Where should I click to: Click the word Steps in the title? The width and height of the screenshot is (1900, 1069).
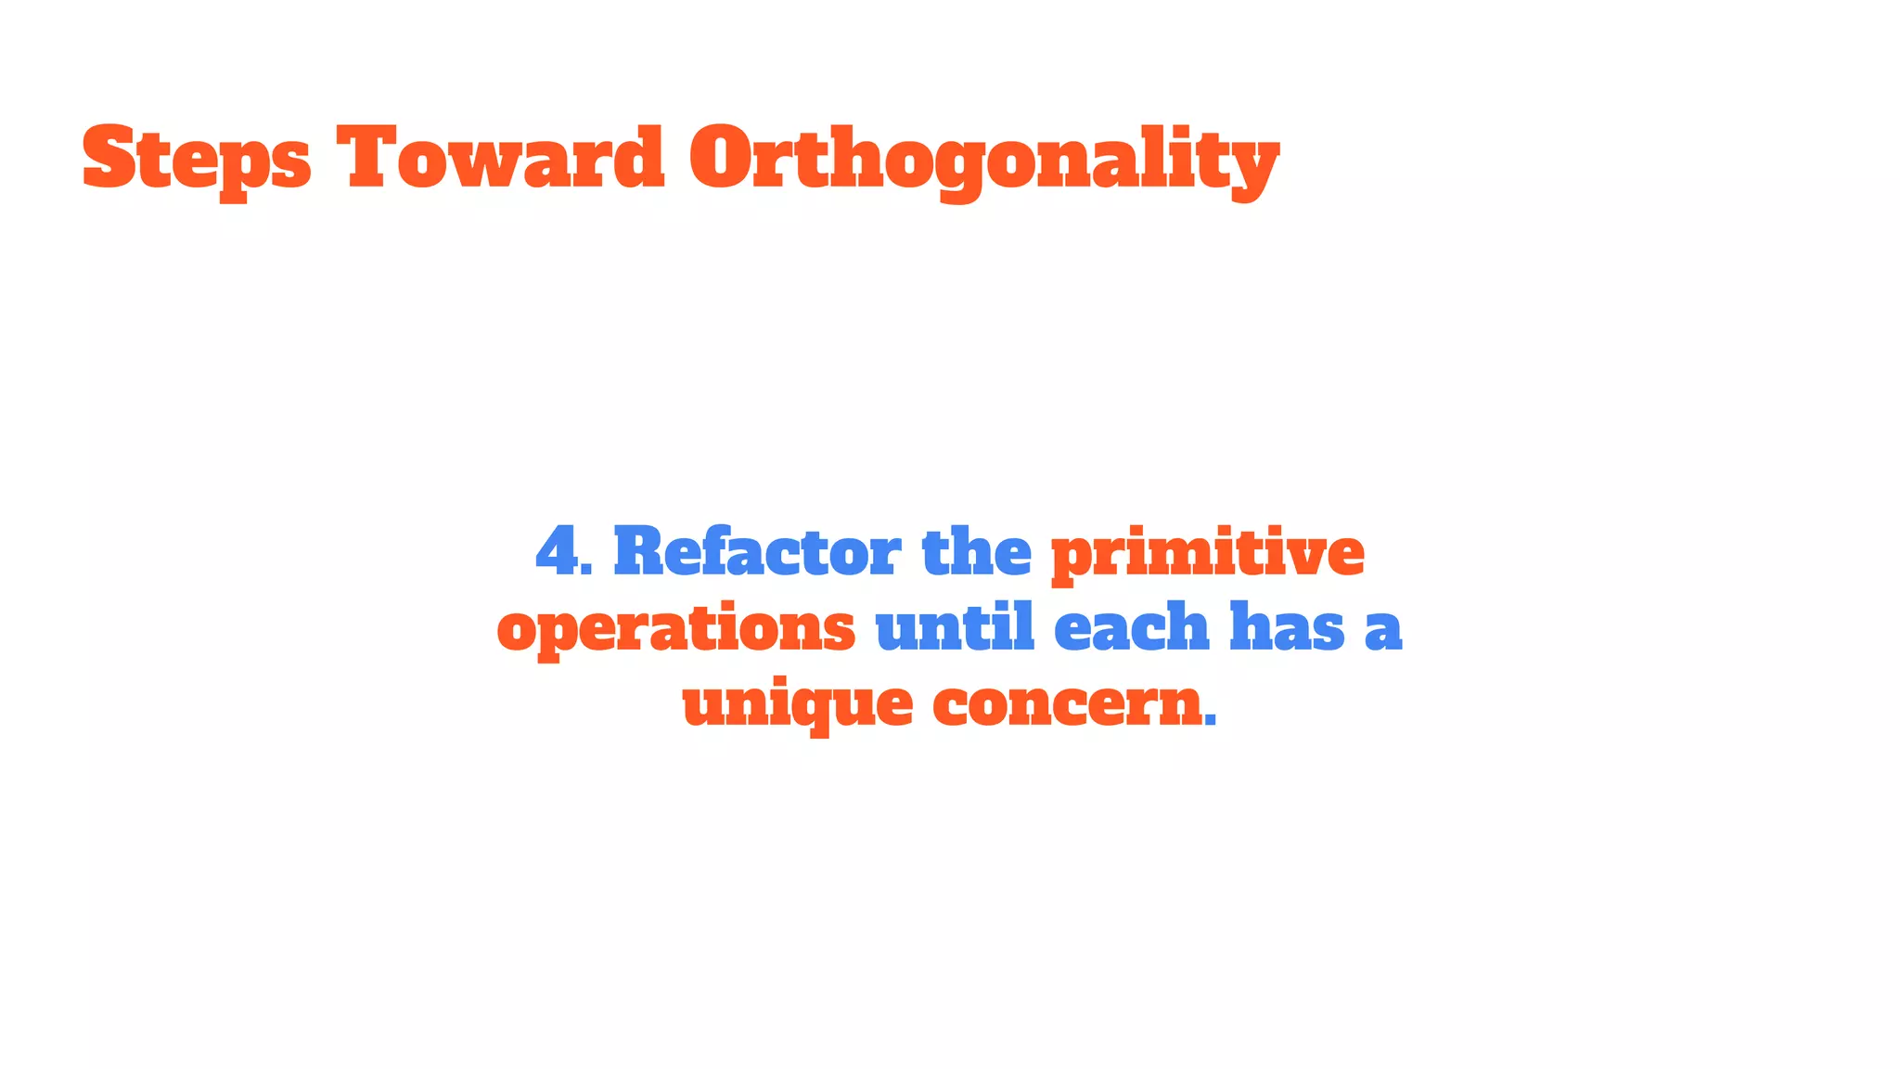coord(197,160)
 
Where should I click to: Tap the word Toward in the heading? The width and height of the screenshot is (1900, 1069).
coord(500,160)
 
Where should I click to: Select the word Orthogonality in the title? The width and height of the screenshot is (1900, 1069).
coord(983,160)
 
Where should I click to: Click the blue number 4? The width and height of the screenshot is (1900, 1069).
coord(557,551)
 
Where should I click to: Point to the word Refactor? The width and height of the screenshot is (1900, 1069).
coord(756,551)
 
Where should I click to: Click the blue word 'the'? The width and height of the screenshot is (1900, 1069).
coord(976,551)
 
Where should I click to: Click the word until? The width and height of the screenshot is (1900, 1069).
coord(954,627)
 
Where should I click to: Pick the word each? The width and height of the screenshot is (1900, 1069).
coord(1131,627)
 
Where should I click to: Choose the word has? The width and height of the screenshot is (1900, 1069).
coord(1286,627)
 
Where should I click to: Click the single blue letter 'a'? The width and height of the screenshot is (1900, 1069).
coord(1382,631)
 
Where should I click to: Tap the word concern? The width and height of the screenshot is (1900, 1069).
coord(1067,705)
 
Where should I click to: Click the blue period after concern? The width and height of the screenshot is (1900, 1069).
coord(1210,722)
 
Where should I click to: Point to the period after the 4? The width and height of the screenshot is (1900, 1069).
coord(587,569)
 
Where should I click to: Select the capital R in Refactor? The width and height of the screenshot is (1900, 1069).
coord(639,551)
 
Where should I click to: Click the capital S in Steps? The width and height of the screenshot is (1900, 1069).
coord(109,158)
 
